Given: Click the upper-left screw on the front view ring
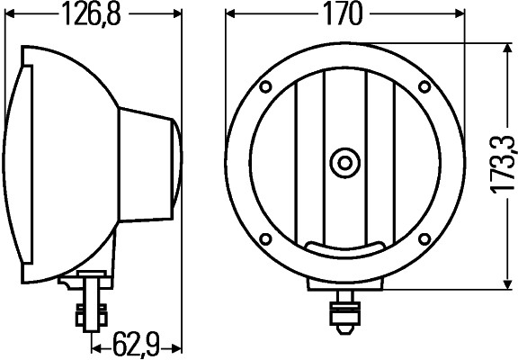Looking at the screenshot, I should pyautogui.click(x=266, y=87).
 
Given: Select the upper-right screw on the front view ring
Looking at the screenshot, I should pyautogui.click(x=423, y=87).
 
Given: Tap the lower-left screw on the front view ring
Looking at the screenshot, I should pyautogui.click(x=266, y=238).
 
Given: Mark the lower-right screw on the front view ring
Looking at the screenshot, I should pyautogui.click(x=423, y=238).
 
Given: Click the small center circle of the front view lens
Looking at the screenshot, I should pyautogui.click(x=344, y=163).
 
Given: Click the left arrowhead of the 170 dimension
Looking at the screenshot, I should pyautogui.click(x=231, y=14).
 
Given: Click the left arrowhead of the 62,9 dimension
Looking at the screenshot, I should pyautogui.click(x=95, y=345).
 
